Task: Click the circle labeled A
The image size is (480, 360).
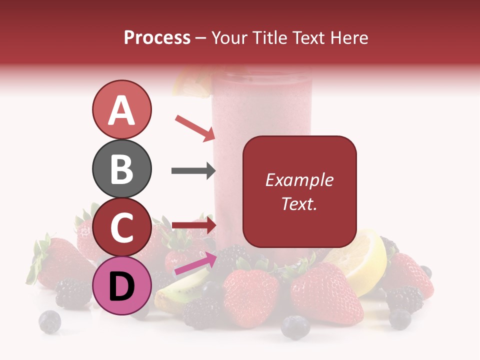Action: pyautogui.click(x=121, y=109)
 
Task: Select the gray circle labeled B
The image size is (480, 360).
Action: pyautogui.click(x=121, y=169)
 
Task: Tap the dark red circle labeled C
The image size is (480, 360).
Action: pyautogui.click(x=121, y=227)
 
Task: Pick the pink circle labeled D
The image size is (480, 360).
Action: pyautogui.click(x=121, y=286)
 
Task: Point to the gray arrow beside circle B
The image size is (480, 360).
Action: pyautogui.click(x=193, y=171)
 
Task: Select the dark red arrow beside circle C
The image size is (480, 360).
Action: pyautogui.click(x=193, y=225)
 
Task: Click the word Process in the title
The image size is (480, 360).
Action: pyautogui.click(x=157, y=37)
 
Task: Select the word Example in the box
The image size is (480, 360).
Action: pyautogui.click(x=299, y=180)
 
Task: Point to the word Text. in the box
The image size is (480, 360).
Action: pyautogui.click(x=299, y=203)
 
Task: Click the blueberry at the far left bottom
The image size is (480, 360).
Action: pyautogui.click(x=49, y=321)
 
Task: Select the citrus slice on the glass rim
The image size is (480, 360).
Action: pyautogui.click(x=192, y=82)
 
